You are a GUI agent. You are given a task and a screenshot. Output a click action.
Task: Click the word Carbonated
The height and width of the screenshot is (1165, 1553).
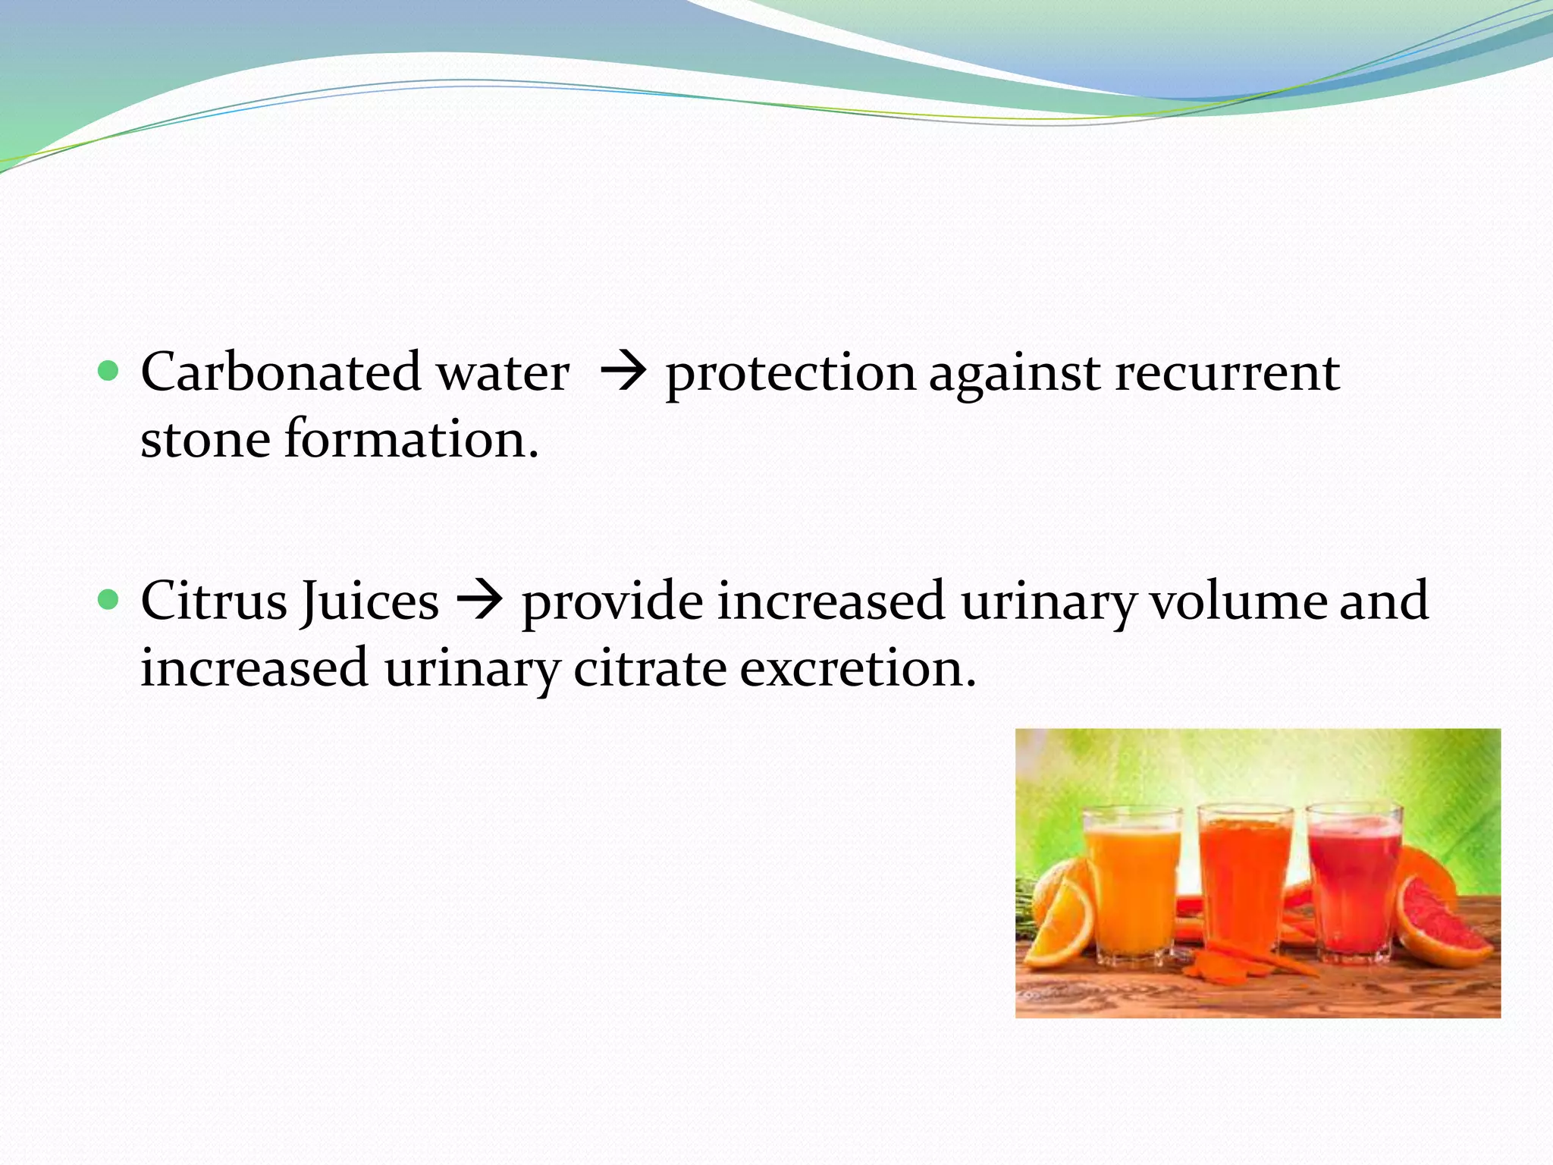(281, 372)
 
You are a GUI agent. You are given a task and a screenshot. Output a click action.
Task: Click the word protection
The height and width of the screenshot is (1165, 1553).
(790, 374)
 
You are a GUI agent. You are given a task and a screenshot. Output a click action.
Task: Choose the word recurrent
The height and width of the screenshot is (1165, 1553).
(1227, 372)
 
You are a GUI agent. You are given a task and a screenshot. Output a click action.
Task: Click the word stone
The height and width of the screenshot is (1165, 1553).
(205, 439)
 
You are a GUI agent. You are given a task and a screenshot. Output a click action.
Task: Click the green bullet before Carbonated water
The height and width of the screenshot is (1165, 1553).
(109, 371)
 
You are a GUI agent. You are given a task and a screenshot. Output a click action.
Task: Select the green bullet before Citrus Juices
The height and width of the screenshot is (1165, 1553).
(109, 600)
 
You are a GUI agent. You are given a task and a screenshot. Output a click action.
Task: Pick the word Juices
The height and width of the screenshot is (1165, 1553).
(369, 601)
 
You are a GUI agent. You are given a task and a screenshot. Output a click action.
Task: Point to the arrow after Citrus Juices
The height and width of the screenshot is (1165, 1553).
(479, 600)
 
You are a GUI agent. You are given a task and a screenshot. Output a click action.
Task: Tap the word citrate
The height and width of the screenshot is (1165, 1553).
(650, 668)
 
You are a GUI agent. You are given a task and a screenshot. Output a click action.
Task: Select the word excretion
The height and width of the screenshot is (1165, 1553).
(858, 668)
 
